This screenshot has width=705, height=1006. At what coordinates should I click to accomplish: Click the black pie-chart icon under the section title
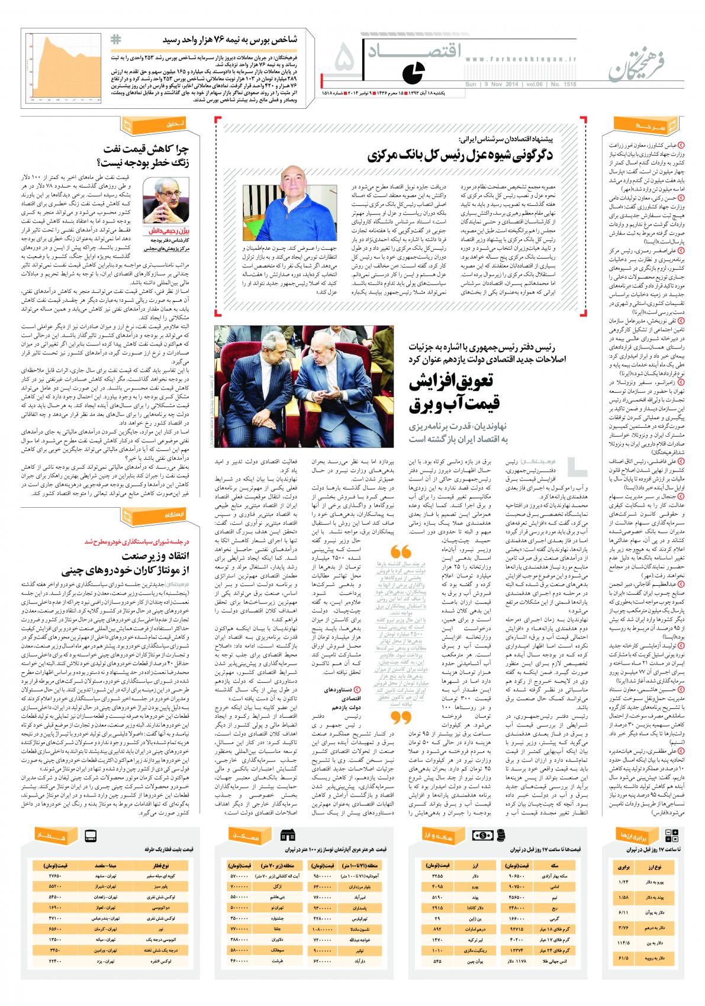point(409,73)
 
